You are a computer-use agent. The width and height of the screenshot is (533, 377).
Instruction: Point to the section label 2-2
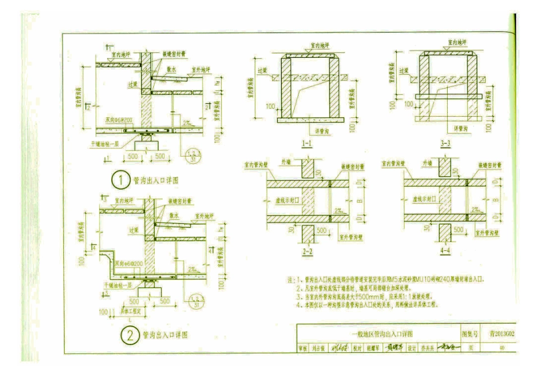307,251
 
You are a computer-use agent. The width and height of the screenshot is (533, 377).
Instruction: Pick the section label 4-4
445,251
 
